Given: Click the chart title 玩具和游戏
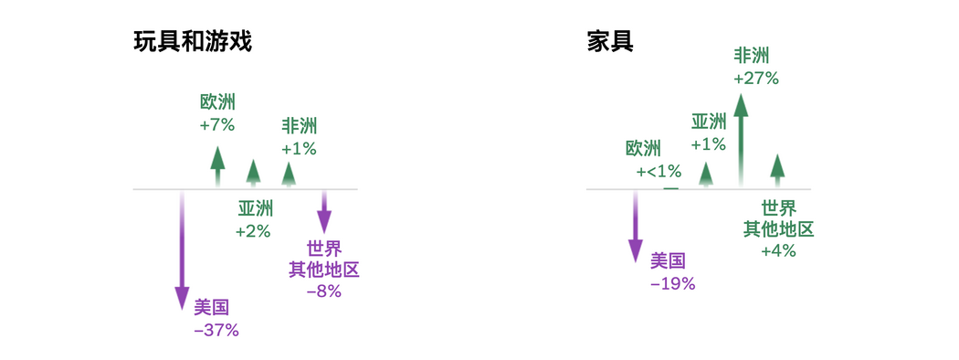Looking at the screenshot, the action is point(193,44).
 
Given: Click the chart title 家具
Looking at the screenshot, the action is point(610,44).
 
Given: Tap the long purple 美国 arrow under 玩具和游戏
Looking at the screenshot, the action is point(182,250).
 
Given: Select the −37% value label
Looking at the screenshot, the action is point(216,331).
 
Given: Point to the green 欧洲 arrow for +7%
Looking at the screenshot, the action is point(217,166).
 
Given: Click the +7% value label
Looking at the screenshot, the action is point(217,125).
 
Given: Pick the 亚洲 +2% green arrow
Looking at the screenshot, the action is point(253,173).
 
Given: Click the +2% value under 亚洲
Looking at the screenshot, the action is point(253,232).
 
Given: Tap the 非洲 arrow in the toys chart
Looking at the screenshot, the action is point(289,174).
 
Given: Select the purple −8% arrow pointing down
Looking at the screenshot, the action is point(325,210).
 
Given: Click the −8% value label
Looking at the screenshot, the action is point(323,291).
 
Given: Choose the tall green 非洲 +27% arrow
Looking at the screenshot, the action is point(742,140).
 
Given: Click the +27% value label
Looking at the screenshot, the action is point(756,79).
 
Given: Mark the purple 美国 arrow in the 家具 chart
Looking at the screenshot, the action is point(636,226).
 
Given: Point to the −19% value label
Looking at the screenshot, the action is point(673,284).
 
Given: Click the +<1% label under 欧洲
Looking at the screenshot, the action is point(659,172).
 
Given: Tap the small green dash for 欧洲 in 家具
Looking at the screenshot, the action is point(671,188).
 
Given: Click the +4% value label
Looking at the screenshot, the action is point(778,250).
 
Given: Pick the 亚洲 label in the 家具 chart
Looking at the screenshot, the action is point(709,122).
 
